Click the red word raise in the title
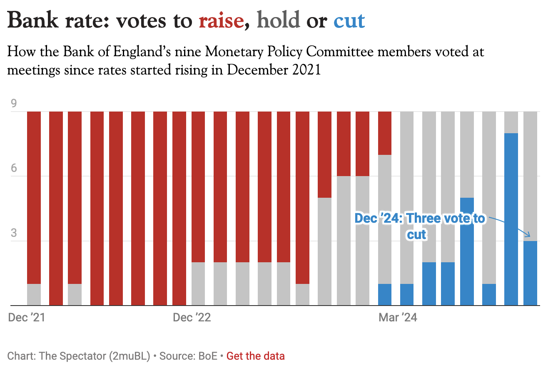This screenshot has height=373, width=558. pyautogui.click(x=221, y=21)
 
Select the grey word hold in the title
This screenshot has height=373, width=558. pyautogui.click(x=279, y=21)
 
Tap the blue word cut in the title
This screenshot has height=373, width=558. pyautogui.click(x=349, y=21)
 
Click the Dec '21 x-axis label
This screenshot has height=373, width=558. pyautogui.click(x=27, y=318)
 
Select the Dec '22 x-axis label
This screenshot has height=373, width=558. pyautogui.click(x=192, y=318)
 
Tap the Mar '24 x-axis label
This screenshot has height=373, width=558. pyautogui.click(x=398, y=318)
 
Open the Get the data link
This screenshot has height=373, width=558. pyautogui.click(x=256, y=356)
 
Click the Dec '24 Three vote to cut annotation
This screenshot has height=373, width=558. pyautogui.click(x=419, y=226)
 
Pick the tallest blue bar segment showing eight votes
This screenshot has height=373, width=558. pyautogui.click(x=511, y=219)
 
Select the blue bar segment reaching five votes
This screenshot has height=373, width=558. pyautogui.click(x=467, y=251)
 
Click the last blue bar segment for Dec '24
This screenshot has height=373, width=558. pyautogui.click(x=530, y=273)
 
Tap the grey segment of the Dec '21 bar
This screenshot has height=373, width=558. pyautogui.click(x=34, y=295)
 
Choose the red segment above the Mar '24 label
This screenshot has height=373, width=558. pyautogui.click(x=385, y=133)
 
